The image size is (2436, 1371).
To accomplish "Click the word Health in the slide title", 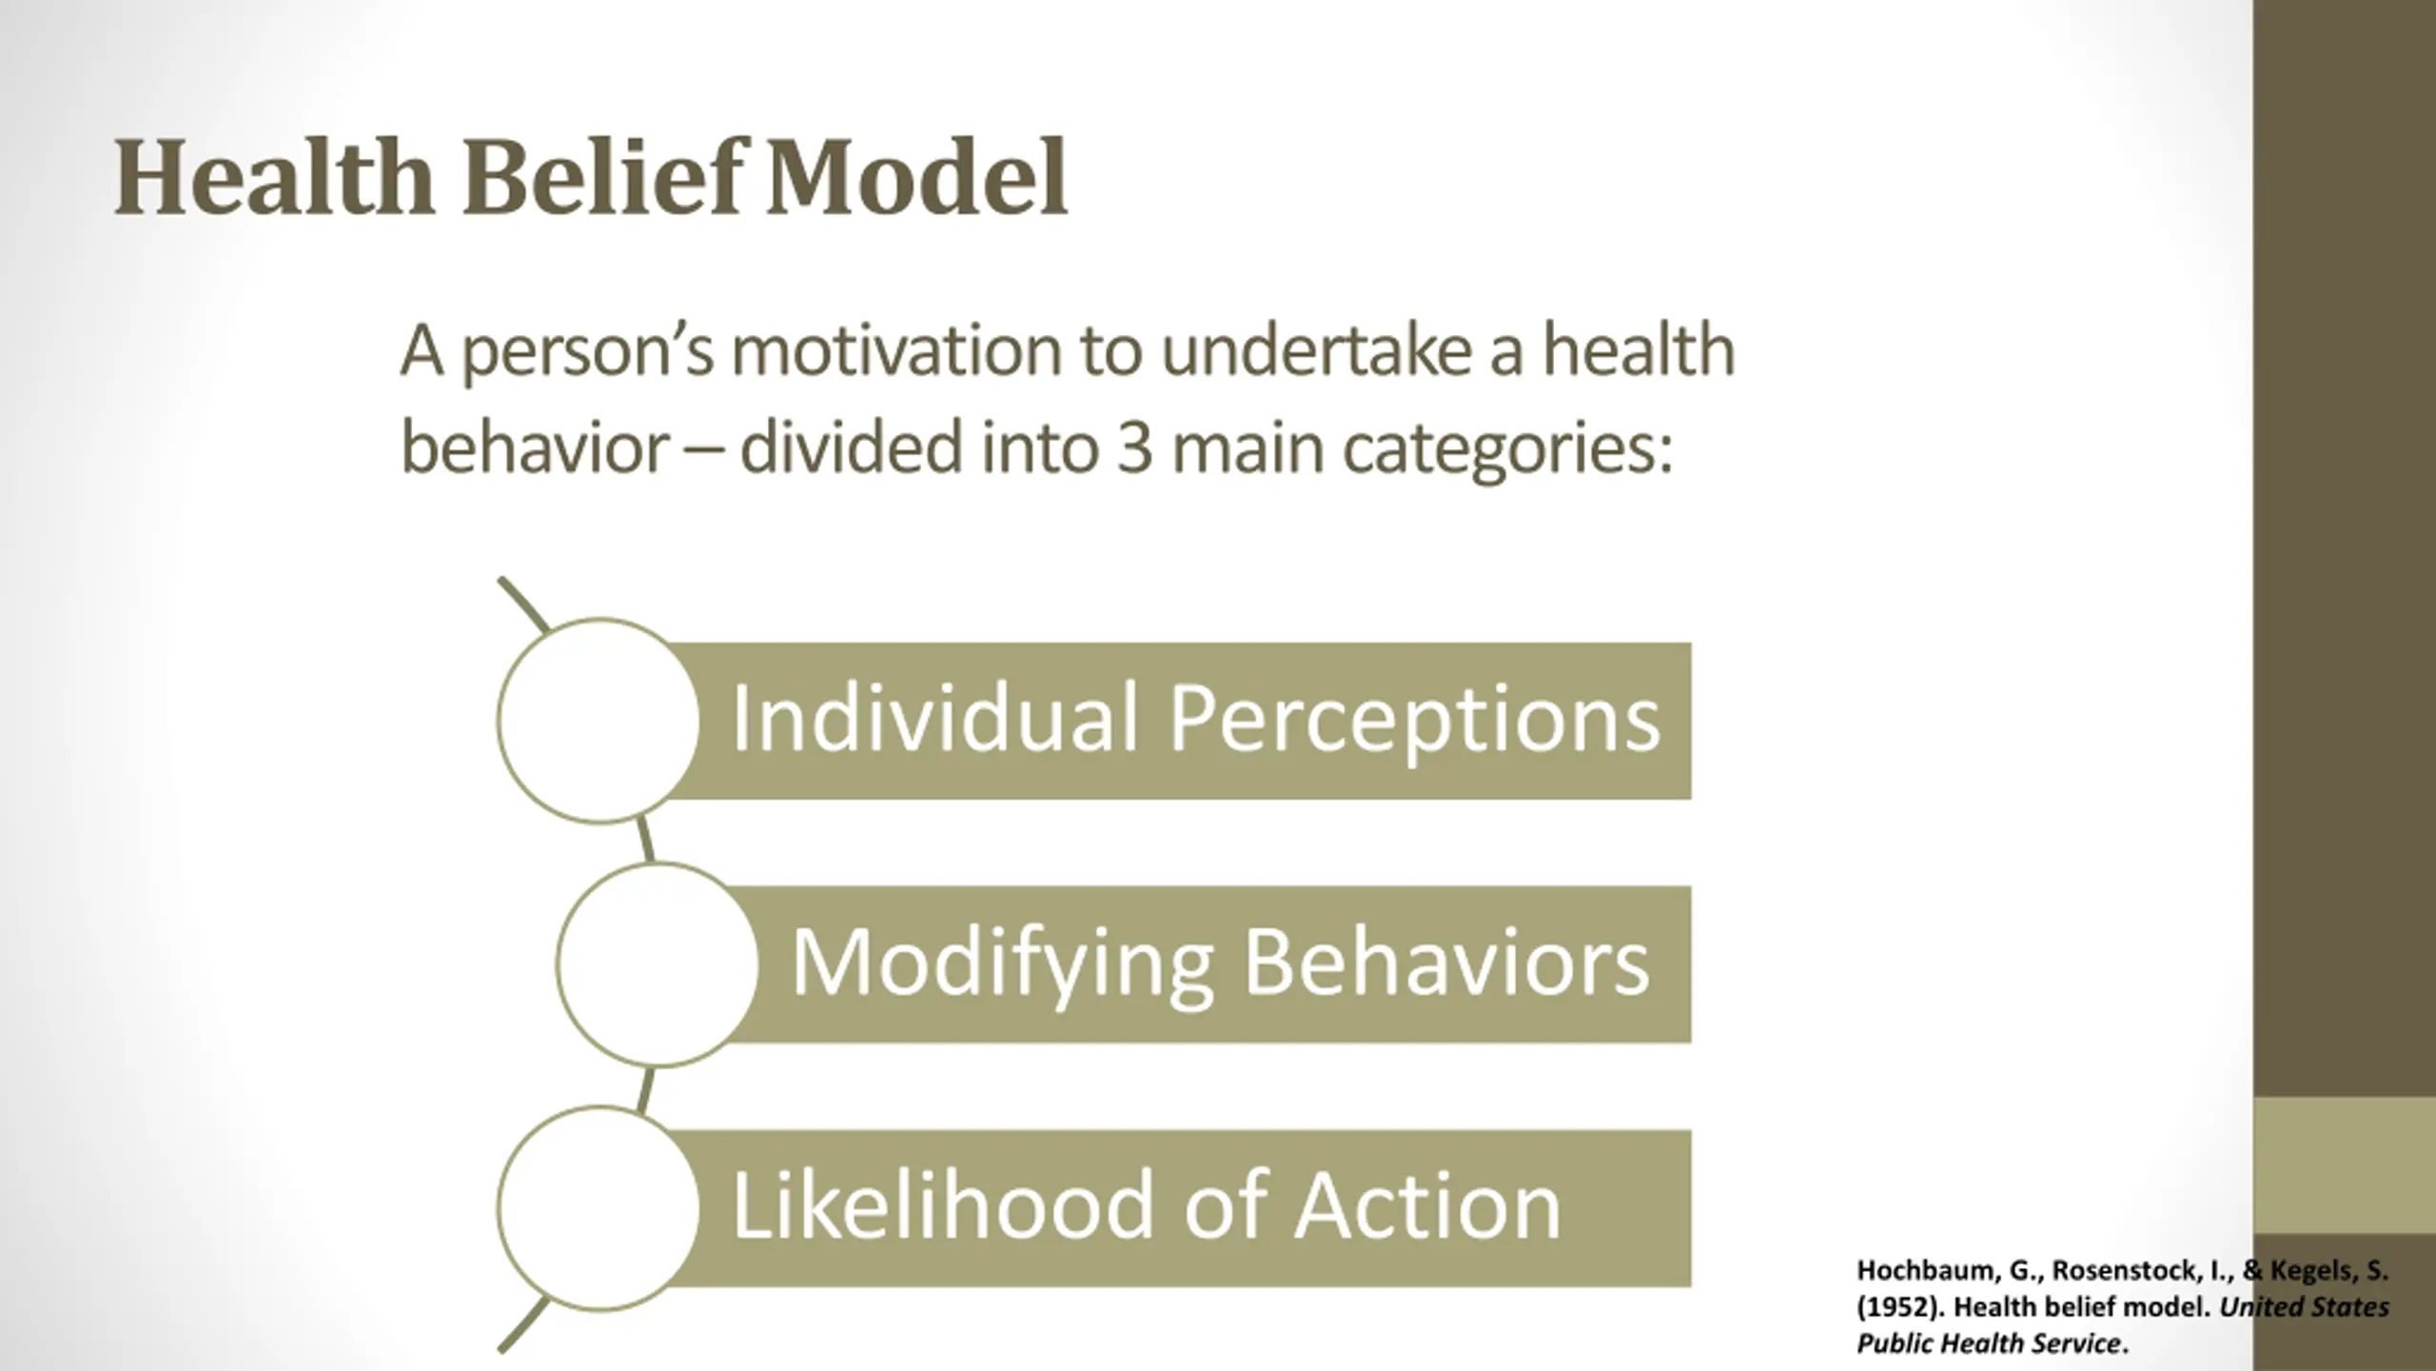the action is pyautogui.click(x=274, y=178).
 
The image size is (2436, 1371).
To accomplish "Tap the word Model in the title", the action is pyautogui.click(x=916, y=178).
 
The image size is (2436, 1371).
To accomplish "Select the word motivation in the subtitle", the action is pyautogui.click(x=896, y=351).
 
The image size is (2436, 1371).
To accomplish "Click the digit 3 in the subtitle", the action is pyautogui.click(x=1134, y=448).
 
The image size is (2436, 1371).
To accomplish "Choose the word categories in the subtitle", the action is pyautogui.click(x=1507, y=450).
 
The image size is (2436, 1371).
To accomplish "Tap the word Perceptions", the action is pyautogui.click(x=1414, y=721).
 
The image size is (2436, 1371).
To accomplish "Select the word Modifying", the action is pyautogui.click(x=1002, y=964).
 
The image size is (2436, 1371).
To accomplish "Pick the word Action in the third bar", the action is pyautogui.click(x=1427, y=1206).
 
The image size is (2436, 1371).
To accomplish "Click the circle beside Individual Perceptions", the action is pyautogui.click(x=599, y=721).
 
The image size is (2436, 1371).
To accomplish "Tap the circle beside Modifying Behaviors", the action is pyautogui.click(x=658, y=964).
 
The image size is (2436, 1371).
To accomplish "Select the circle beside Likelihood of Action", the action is pyautogui.click(x=599, y=1207).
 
